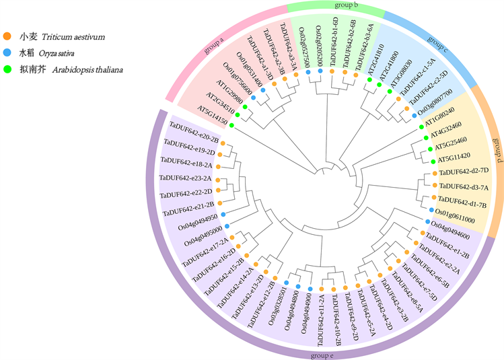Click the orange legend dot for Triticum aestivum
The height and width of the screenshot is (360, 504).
click(7, 36)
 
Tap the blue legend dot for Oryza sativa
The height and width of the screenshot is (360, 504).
click(7, 52)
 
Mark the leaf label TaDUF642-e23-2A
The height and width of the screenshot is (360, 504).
click(185, 178)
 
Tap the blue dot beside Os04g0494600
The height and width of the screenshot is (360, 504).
click(427, 222)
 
